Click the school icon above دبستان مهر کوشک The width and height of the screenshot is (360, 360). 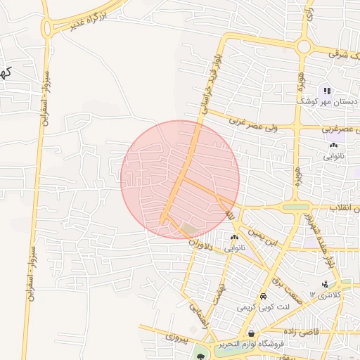(327, 90)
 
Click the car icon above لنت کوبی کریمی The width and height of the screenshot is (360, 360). (263, 297)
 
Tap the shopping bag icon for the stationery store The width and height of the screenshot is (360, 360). (251, 333)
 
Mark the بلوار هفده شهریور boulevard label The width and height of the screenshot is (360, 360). (319, 240)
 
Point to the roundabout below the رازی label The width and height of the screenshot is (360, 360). (304, 46)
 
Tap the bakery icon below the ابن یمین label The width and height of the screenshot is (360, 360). (233, 238)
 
